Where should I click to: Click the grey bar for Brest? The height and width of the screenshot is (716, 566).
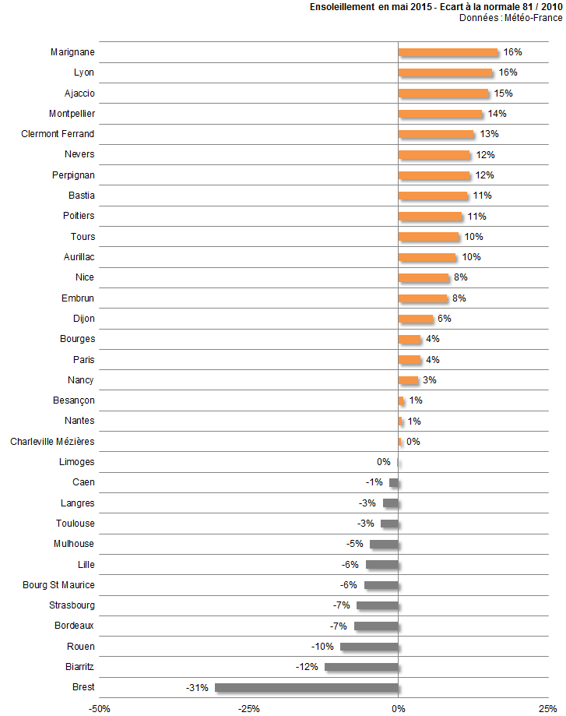coord(307,688)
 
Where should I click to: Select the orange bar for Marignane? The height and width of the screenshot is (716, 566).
coord(448,52)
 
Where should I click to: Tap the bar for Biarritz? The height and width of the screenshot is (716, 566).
coord(361,667)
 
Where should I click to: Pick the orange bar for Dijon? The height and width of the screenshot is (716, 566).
coord(416,319)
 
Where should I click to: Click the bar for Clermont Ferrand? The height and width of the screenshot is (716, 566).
coord(436,134)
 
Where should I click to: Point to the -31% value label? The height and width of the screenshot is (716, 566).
coord(197,688)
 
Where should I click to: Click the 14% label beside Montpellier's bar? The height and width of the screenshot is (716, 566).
coord(497,114)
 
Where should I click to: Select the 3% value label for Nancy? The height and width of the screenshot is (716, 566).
coord(429,380)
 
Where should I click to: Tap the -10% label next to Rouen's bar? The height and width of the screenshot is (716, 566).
coord(323,647)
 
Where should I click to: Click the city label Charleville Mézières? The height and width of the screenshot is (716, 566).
coord(52,442)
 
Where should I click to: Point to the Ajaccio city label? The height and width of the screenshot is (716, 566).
coord(79,93)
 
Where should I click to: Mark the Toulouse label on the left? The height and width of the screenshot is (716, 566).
coord(76,524)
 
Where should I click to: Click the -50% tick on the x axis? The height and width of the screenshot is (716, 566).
coord(99,708)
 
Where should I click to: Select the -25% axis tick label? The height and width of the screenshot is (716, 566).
coord(248,708)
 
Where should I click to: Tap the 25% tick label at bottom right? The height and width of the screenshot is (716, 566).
coord(548,708)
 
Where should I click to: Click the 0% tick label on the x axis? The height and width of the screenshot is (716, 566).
coord(399,708)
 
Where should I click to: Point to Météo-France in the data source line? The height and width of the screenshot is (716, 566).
coord(534,18)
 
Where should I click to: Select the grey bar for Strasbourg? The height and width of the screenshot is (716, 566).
coord(378,605)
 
